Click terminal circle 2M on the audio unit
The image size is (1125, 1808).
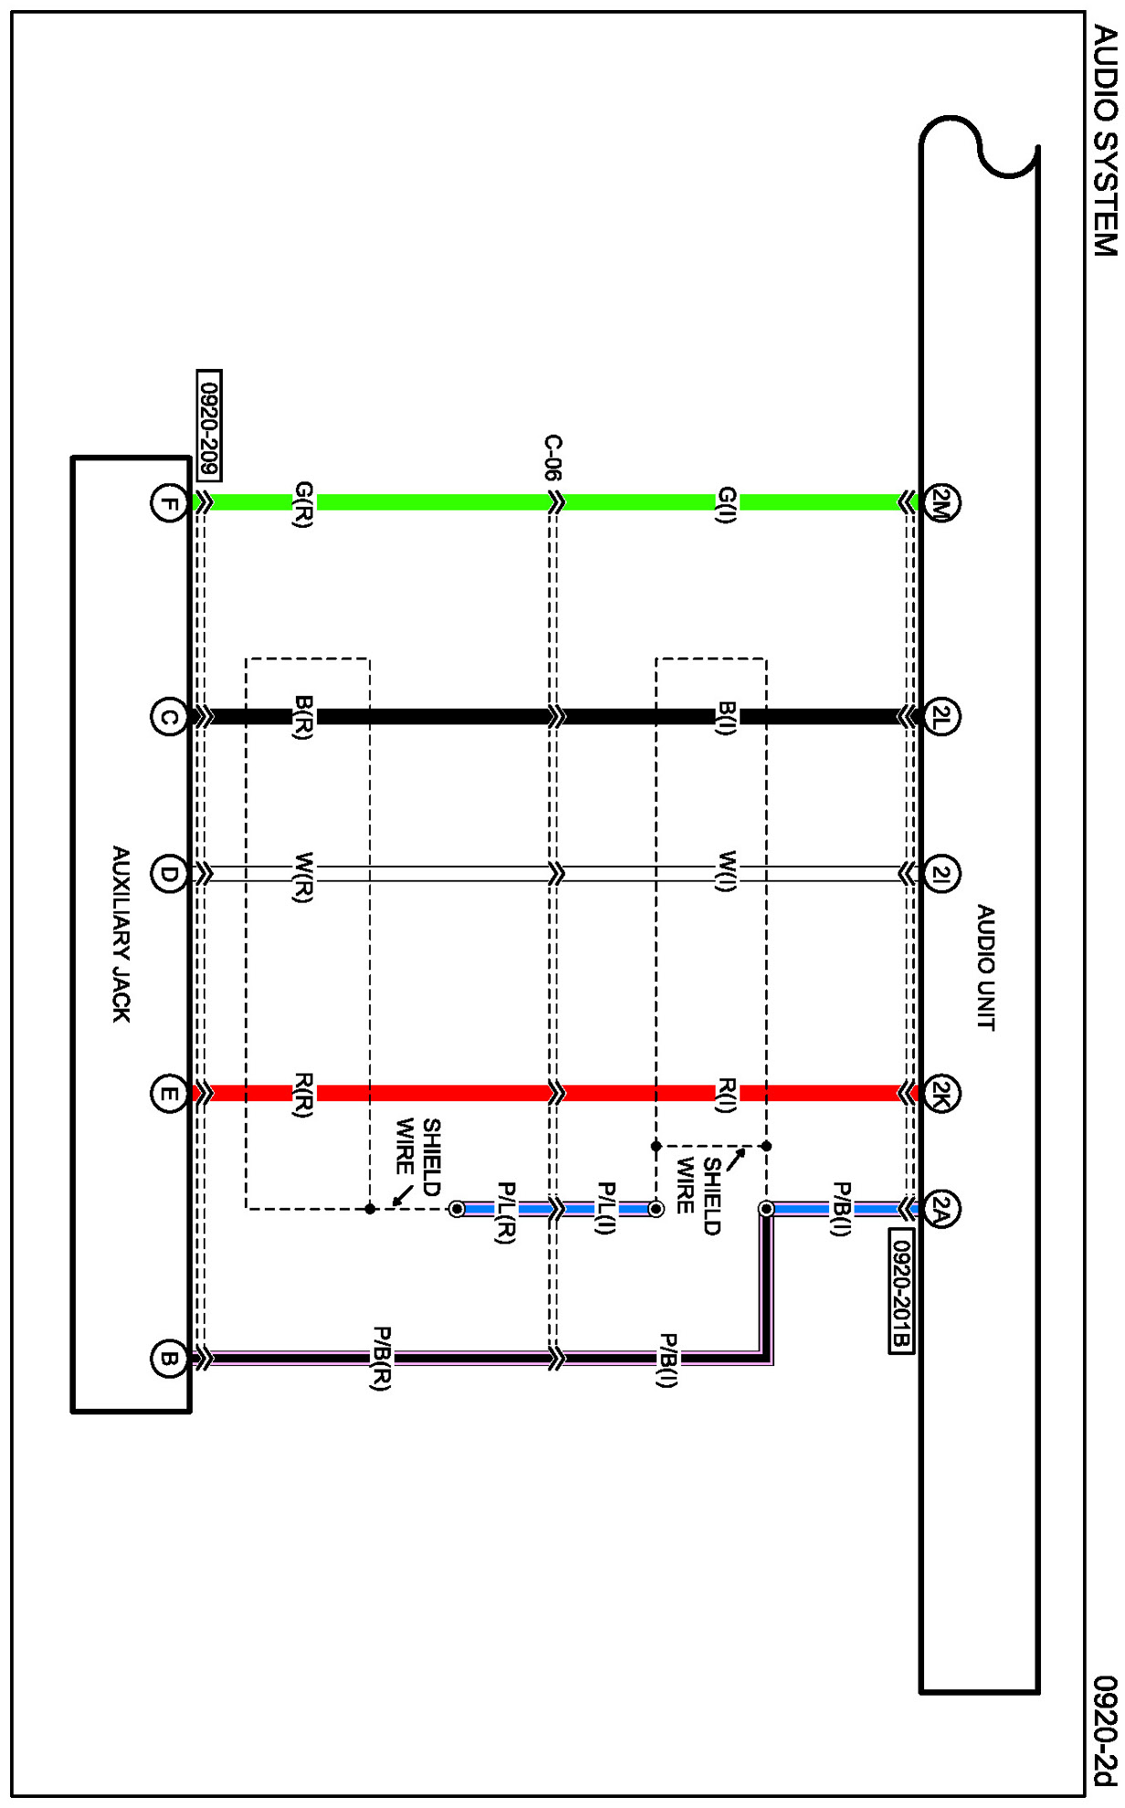click(941, 501)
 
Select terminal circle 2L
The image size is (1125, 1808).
click(941, 716)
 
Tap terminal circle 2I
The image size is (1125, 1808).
click(941, 875)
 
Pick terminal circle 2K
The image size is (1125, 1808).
click(941, 1092)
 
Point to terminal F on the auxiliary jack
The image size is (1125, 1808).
click(168, 502)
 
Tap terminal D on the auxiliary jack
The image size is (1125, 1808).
click(168, 875)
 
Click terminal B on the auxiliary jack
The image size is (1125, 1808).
click(168, 1358)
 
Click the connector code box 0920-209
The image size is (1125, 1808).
click(209, 425)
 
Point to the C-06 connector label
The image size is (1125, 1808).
click(553, 457)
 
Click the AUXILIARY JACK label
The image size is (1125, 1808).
click(121, 934)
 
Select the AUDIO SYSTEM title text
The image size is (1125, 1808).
click(1105, 141)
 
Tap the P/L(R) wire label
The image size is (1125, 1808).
click(505, 1213)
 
